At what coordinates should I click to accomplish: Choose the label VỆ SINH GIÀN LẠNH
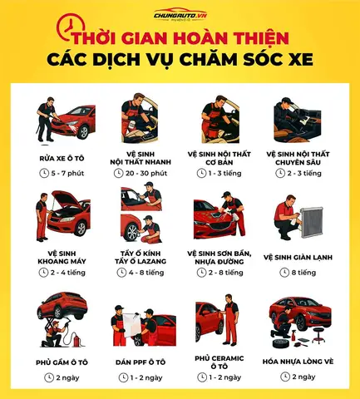click(x=299, y=257)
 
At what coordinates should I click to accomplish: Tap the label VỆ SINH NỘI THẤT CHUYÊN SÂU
click(x=299, y=158)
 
